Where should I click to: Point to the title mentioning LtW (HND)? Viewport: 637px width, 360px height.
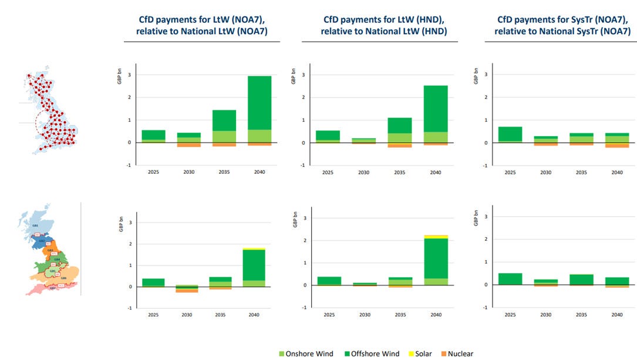pyautogui.click(x=383, y=25)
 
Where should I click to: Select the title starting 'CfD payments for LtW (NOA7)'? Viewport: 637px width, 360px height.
pyautogui.click(x=201, y=25)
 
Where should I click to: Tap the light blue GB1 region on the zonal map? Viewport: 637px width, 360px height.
pyautogui.click(x=36, y=224)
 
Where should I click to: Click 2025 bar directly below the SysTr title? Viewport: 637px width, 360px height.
pyautogui.click(x=510, y=134)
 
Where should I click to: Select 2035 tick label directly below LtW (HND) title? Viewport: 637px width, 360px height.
pyautogui.click(x=400, y=173)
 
